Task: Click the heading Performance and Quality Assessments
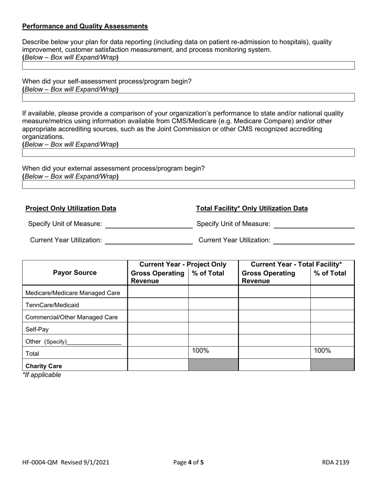(x=85, y=26)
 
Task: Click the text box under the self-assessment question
(x=188, y=97)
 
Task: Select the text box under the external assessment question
(x=188, y=184)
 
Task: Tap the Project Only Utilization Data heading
(x=71, y=208)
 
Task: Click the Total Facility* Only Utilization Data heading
(x=252, y=208)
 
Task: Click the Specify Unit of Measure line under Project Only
(x=148, y=225)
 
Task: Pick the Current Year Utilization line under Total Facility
(x=314, y=241)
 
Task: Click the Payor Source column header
(x=75, y=273)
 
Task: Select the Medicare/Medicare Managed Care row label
(x=73, y=293)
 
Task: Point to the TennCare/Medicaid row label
(x=52, y=305)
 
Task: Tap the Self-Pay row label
(x=37, y=330)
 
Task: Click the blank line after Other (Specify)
(x=94, y=342)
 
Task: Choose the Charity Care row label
(x=44, y=366)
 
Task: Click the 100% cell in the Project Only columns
(x=213, y=351)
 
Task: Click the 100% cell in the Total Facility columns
(x=332, y=351)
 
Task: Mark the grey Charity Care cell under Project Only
(x=213, y=365)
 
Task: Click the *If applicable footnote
(x=42, y=375)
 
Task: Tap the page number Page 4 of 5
(x=188, y=462)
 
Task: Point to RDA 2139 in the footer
(x=336, y=462)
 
